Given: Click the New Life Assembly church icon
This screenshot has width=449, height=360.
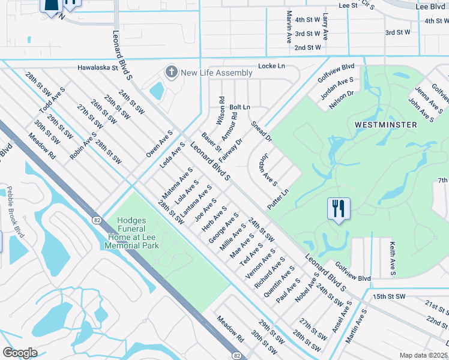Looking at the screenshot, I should [x=172, y=73].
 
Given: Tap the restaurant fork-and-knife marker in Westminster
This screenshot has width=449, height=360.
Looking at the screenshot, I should [x=339, y=209].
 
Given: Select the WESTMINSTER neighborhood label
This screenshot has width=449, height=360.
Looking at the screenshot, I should [x=385, y=125].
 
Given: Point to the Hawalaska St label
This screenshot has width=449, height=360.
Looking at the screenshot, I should [x=97, y=68].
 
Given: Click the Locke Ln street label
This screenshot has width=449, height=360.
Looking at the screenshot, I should [x=271, y=65].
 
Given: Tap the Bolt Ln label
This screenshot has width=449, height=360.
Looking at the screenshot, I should [x=239, y=107].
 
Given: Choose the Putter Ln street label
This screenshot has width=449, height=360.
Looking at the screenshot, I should [x=278, y=199].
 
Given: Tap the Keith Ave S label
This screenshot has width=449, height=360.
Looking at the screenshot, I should [x=392, y=259].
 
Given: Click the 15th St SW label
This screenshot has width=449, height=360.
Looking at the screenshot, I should [x=389, y=296].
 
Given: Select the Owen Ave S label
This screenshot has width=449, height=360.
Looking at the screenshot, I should [x=159, y=144].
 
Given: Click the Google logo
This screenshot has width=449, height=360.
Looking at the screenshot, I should [x=20, y=353].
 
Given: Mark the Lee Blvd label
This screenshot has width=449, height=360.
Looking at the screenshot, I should [x=430, y=6].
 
